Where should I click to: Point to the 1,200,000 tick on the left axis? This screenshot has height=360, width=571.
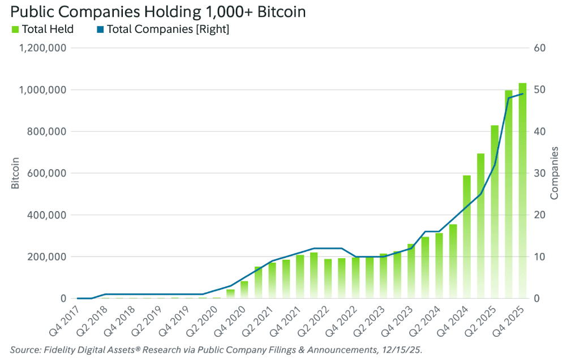pos(43,48)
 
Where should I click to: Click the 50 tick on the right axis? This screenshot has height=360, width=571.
pos(539,90)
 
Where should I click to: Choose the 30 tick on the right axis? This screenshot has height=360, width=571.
pos(539,173)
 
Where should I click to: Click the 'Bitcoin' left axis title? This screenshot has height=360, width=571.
pos(15,173)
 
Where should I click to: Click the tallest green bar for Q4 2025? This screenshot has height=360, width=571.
pos(522,192)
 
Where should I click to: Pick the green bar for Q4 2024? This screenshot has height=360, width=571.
pos(467,238)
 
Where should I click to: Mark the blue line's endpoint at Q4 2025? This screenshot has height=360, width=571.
pos(522,94)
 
